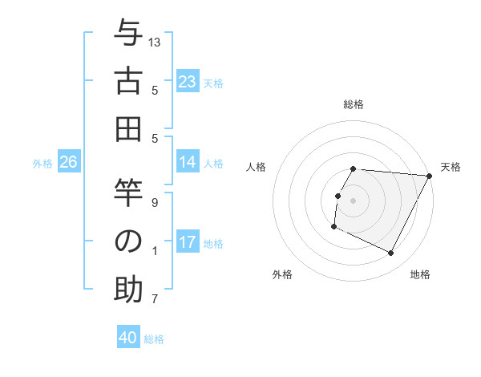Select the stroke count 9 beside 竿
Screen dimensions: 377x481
point(156,202)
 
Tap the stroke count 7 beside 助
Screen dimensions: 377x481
point(156,300)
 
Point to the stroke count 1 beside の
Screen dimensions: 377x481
point(156,251)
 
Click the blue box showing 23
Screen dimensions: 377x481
point(187,82)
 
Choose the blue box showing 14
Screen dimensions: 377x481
point(187,163)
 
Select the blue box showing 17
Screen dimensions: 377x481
point(187,243)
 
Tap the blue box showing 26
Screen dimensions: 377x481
point(68,163)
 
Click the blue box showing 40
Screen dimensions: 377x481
point(128,338)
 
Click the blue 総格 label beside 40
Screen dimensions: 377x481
point(154,338)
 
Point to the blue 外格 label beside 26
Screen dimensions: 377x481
point(42,164)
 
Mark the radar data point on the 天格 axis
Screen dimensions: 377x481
point(430,176)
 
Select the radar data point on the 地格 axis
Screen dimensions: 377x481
point(391,253)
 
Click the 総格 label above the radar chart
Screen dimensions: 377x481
point(354,104)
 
